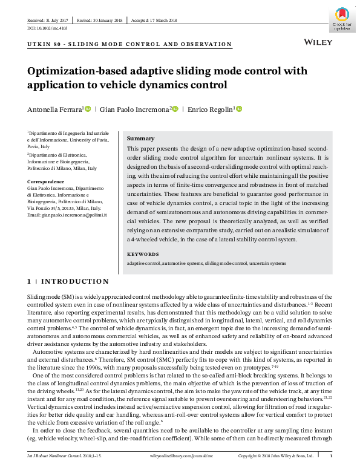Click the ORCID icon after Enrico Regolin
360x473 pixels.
[x=239, y=109]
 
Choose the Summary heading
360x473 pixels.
[x=141, y=139]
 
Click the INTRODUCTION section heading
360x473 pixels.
[x=75, y=281]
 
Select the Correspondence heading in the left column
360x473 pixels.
[x=46, y=181]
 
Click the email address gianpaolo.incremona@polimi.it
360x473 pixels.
[x=74, y=215]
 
